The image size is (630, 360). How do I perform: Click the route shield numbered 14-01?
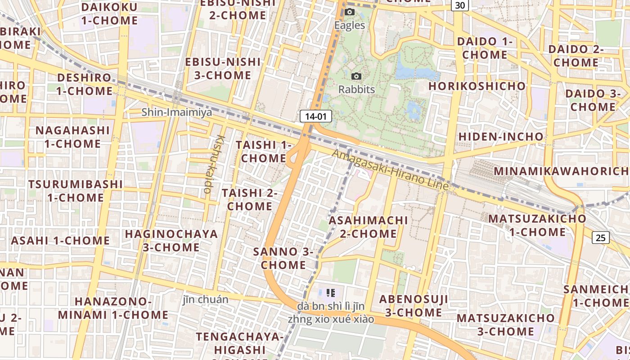coord(315,117)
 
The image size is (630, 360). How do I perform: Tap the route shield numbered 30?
coord(460,5)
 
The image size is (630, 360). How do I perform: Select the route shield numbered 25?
coord(600,238)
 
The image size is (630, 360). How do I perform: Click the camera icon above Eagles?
coord(349,12)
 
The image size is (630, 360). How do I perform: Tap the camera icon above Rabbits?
coord(356,76)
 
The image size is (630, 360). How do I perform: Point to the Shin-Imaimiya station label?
coord(176,112)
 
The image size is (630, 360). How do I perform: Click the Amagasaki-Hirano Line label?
coord(390,170)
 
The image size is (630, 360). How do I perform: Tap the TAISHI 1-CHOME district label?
coord(263,152)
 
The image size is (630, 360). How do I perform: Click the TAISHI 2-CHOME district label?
coord(249,199)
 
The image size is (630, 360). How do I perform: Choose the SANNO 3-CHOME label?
coord(283,258)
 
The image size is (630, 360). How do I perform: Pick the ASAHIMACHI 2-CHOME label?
coord(368,227)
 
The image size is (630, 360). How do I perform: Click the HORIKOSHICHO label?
coord(477,86)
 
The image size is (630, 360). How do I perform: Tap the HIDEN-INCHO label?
coord(501,136)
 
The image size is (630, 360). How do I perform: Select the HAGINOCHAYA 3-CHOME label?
coord(171,240)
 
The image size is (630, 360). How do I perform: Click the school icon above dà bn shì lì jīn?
coord(331,293)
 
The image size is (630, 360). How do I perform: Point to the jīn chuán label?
coord(205,299)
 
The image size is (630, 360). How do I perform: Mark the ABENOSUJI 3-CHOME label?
coord(413,306)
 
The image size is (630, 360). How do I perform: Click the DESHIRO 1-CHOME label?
coord(84,84)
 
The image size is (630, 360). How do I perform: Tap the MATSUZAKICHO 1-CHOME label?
coord(537,225)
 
